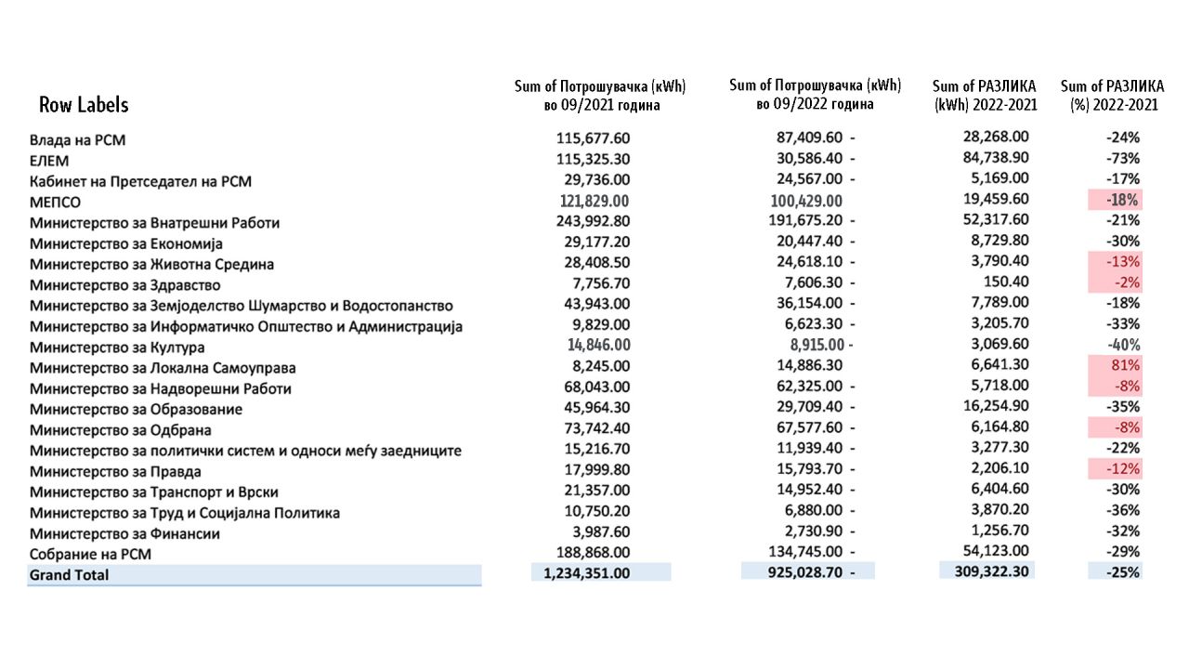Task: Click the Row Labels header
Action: click(84, 104)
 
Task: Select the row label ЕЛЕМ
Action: click(49, 161)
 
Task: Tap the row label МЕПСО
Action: click(55, 202)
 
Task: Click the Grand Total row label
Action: click(69, 575)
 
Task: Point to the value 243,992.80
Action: click(594, 222)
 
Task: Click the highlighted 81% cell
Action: click(1123, 365)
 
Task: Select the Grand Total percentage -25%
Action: click(1123, 572)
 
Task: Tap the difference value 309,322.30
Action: click(991, 571)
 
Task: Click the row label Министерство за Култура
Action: click(117, 348)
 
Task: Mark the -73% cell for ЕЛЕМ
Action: click(1123, 158)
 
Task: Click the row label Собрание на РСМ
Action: click(90, 554)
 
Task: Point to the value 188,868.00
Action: click(594, 553)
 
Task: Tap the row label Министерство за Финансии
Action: click(124, 533)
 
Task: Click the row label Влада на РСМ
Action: click(77, 140)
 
